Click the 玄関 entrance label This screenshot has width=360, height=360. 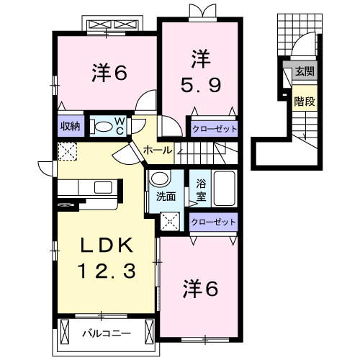(305, 71)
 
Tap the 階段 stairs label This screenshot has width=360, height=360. (305, 102)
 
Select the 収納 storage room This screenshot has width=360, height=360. (71, 126)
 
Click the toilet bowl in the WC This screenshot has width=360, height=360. (104, 126)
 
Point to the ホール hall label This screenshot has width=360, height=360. (158, 150)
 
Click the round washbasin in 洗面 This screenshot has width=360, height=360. (160, 179)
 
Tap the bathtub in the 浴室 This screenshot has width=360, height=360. (224, 189)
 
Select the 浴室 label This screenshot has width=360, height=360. (201, 190)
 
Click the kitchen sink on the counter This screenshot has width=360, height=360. (103, 187)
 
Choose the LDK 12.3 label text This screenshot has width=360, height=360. (107, 258)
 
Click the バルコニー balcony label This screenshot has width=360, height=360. (107, 333)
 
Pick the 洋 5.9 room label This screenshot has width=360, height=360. (201, 71)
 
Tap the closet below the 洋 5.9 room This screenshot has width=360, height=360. (215, 129)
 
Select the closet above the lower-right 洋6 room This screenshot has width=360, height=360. (213, 222)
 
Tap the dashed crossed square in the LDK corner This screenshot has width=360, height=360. (68, 151)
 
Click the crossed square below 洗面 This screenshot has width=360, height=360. (170, 222)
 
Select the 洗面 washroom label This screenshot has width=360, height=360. (166, 197)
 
